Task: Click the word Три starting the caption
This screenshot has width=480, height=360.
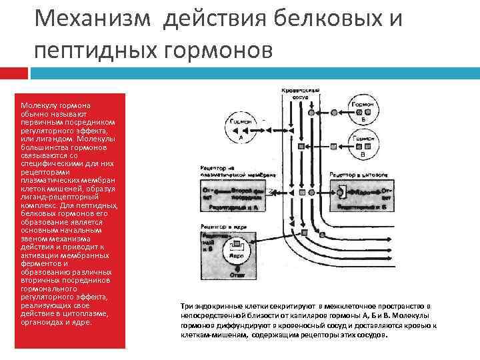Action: [187, 305]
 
